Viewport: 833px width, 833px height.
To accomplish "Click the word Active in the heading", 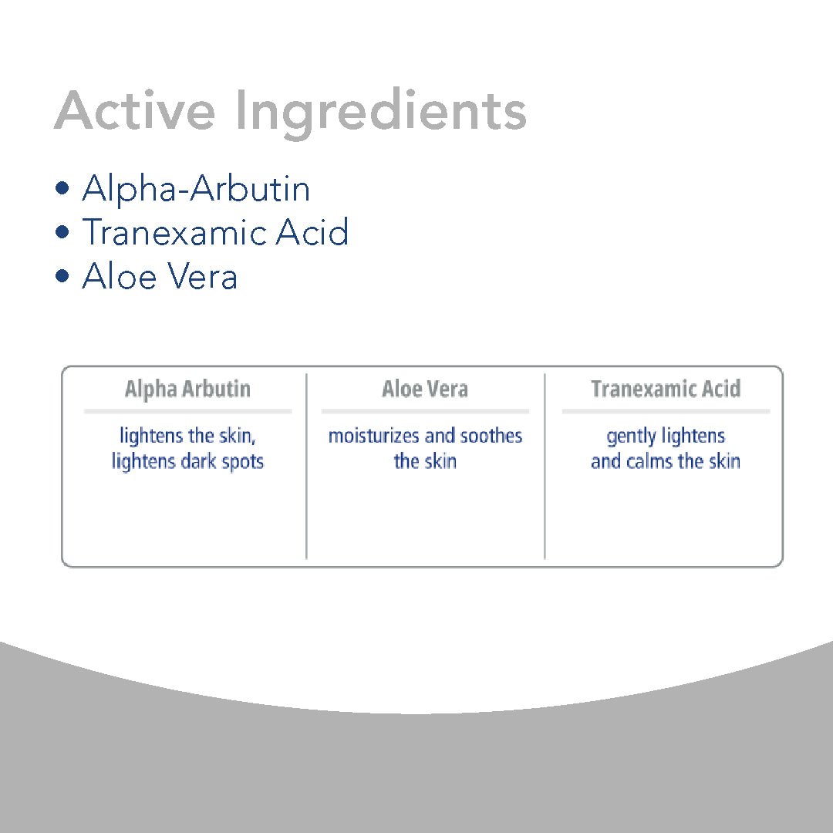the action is point(135,110).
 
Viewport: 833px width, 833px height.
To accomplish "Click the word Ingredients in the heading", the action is point(380,113).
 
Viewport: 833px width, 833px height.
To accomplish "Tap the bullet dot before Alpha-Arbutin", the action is point(62,188).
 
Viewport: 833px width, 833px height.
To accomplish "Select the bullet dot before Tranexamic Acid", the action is point(62,232).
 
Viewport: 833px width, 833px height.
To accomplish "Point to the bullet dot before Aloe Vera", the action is point(62,276).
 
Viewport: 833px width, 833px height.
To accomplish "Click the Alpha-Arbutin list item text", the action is point(196,190).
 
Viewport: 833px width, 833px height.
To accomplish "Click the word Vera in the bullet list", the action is point(202,276).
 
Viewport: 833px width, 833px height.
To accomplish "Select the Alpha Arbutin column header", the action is point(187,389).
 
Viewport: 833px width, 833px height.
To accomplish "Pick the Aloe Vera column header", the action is point(425,388).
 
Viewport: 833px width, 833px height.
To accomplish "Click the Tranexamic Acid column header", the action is point(666,388).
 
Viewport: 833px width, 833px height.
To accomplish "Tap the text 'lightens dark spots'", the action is point(187,461).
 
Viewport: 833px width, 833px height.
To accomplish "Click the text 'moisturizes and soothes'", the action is point(425,436).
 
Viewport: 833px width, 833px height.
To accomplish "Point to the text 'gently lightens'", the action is point(666,437).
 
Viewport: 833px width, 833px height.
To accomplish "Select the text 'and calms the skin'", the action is point(666,461).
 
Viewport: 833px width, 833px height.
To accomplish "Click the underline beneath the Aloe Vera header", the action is point(425,411).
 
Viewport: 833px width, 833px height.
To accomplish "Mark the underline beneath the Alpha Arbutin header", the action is point(187,411).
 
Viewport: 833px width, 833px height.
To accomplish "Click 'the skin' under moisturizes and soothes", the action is point(425,461).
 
